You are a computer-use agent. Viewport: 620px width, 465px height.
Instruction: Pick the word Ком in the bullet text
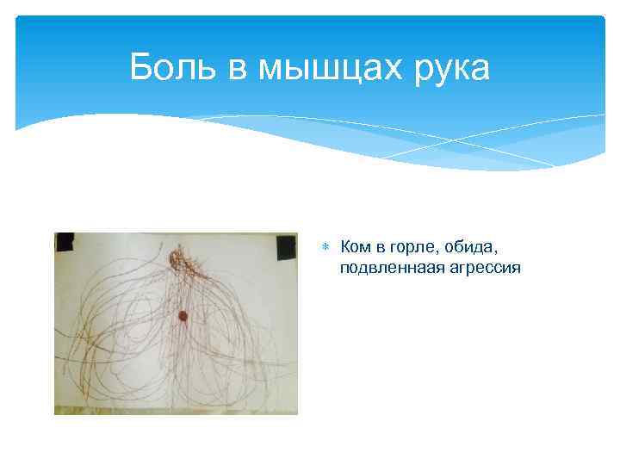[356, 248]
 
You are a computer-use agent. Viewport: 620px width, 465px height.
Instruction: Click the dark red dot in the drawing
[183, 317]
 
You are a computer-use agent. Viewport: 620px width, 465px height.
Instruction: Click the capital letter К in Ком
[346, 248]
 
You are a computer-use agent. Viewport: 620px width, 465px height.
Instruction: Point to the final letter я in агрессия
[517, 269]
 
